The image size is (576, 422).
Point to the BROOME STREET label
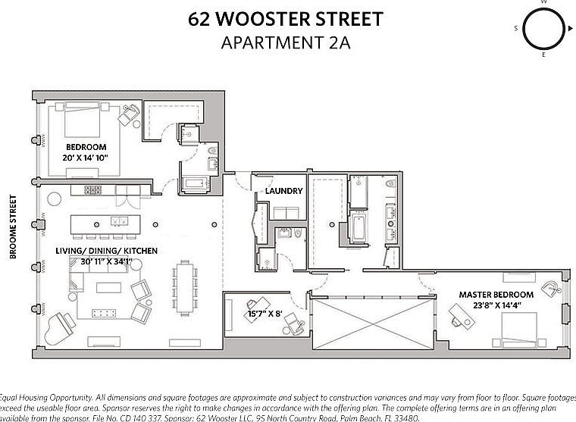point(14,227)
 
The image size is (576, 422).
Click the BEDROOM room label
point(86,146)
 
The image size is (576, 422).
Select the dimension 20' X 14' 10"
point(86,158)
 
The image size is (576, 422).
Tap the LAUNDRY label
point(284,191)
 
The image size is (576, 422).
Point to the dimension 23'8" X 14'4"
point(496,305)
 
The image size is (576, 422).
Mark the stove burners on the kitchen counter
point(92,189)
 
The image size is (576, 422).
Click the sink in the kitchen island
point(119,221)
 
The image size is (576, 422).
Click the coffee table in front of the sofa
point(104,312)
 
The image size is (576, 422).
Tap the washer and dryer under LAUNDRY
point(284,213)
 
